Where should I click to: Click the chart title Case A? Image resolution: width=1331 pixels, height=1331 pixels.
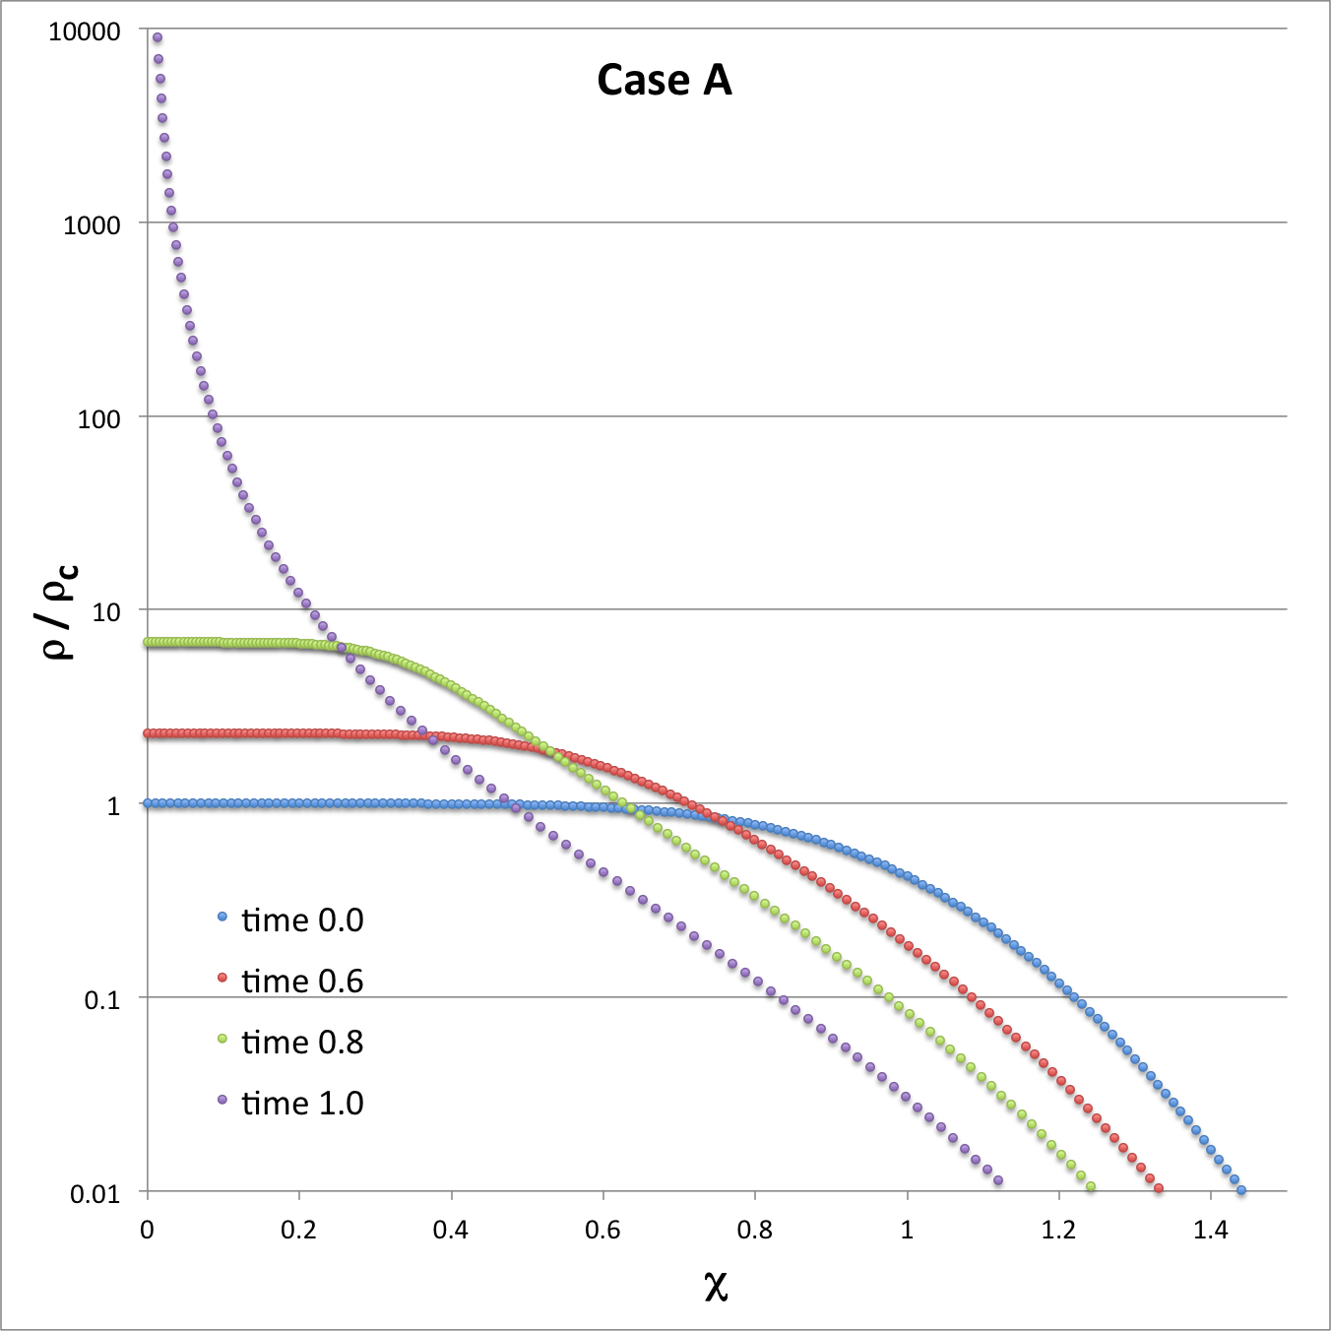click(x=665, y=81)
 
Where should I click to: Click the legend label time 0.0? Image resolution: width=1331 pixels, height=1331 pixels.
click(x=302, y=919)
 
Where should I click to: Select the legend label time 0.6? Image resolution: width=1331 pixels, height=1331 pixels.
click(x=302, y=981)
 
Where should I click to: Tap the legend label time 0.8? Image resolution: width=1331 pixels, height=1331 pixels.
click(x=302, y=1042)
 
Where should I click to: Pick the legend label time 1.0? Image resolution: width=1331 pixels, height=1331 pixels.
click(x=302, y=1103)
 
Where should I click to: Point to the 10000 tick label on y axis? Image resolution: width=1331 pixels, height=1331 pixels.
click(x=85, y=32)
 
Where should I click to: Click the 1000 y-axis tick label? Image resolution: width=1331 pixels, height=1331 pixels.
click(x=92, y=225)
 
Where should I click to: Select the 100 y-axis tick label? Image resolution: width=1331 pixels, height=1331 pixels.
click(x=98, y=419)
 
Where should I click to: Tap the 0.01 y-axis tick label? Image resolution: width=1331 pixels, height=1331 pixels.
click(x=95, y=1194)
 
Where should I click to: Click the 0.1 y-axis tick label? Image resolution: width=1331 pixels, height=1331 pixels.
click(x=101, y=1000)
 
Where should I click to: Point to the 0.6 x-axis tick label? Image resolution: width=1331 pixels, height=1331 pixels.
click(x=602, y=1230)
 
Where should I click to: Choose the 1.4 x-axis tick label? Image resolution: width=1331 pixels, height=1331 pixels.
click(x=1211, y=1230)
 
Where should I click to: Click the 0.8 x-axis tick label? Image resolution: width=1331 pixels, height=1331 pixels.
click(x=755, y=1230)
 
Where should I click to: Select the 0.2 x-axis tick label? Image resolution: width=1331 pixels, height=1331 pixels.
click(x=298, y=1230)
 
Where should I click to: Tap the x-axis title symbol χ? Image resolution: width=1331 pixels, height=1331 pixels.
click(x=716, y=1285)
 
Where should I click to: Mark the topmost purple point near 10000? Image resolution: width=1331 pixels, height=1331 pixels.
click(x=157, y=38)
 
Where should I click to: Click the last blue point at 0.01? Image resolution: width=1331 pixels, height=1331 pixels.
click(x=1241, y=1190)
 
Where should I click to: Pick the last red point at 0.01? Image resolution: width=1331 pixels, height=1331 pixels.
click(x=1159, y=1189)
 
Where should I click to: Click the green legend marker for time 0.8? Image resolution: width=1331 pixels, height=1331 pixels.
click(x=222, y=1039)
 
